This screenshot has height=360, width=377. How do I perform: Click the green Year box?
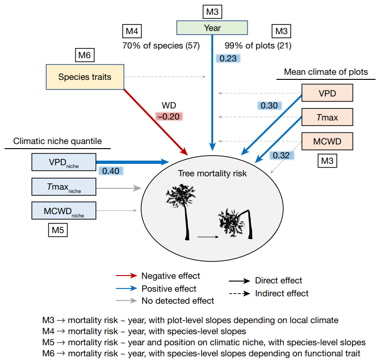click(x=212, y=28)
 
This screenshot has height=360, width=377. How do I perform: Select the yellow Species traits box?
click(x=85, y=77)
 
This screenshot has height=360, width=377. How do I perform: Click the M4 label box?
click(x=131, y=31)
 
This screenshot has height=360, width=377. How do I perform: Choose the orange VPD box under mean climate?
click(x=327, y=92)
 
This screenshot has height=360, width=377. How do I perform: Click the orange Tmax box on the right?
click(x=327, y=117)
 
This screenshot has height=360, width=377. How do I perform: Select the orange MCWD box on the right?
click(x=327, y=141)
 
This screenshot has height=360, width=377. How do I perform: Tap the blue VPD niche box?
click(x=64, y=162)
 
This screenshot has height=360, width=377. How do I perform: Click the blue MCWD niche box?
click(x=64, y=211)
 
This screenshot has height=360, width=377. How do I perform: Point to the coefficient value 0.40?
click(x=111, y=171)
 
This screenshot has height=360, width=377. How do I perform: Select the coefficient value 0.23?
click(x=227, y=58)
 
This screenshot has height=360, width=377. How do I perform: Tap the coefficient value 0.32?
click(x=281, y=155)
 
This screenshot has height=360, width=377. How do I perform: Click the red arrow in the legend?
click(x=126, y=276)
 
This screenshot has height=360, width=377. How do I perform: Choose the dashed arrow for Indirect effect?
click(x=239, y=293)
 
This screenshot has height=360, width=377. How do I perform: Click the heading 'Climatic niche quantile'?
click(x=58, y=141)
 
